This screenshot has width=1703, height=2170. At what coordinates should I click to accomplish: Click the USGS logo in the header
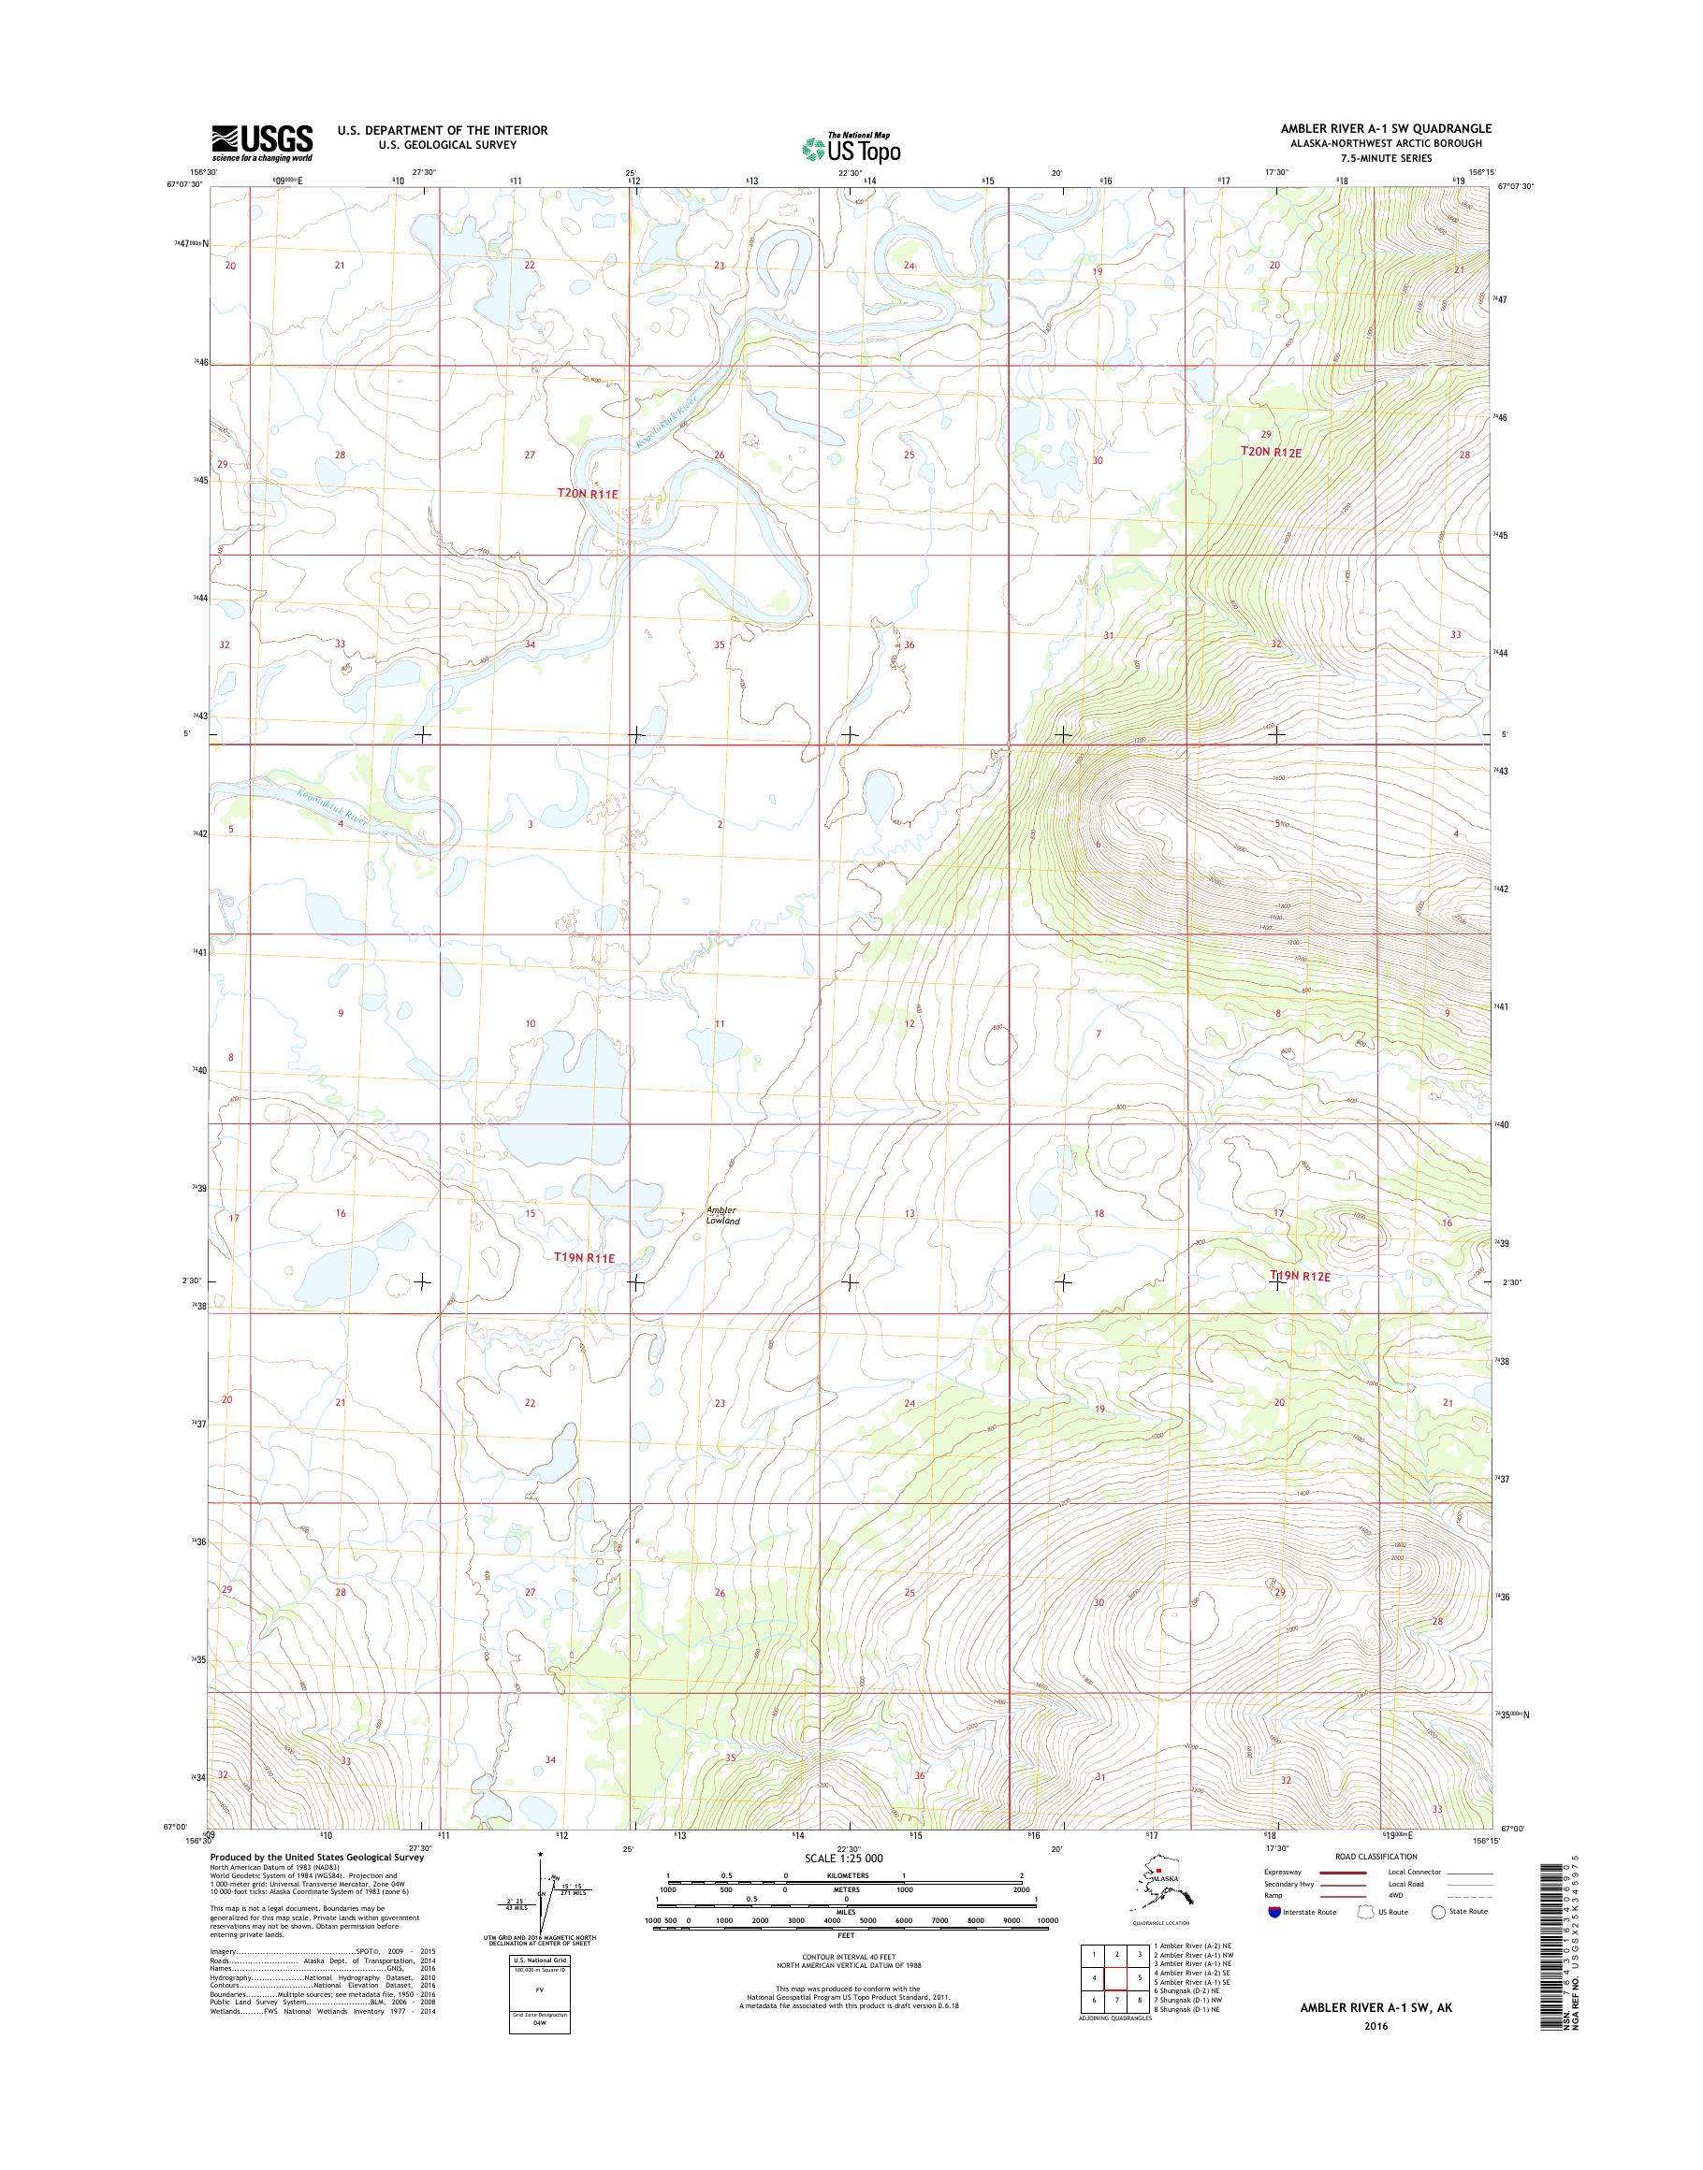tap(261, 142)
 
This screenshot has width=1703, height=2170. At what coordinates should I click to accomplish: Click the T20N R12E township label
tap(1272, 452)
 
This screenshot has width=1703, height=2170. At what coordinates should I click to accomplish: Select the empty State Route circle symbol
tap(1438, 1912)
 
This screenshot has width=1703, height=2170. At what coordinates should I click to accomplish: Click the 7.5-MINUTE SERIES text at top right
tap(1392, 158)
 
